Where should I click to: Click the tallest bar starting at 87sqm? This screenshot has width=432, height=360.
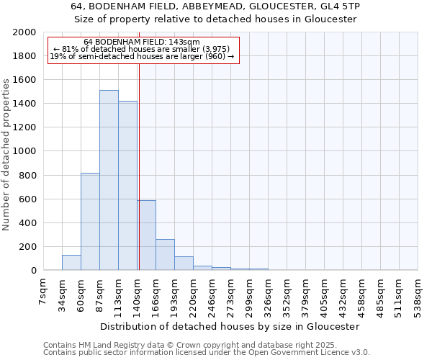109,180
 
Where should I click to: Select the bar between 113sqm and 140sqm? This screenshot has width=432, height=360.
127,186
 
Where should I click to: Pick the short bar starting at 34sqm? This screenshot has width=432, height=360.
71,263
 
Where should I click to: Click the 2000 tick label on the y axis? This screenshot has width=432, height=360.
24,32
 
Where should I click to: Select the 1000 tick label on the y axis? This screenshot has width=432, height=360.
24,152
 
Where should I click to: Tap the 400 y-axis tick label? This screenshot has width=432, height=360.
27,223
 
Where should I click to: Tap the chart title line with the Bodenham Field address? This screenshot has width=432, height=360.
216,6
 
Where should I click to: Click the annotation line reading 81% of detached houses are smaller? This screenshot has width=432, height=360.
141,49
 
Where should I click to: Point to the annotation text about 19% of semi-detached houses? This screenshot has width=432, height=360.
141,56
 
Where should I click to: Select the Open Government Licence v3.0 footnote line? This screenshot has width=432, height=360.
207,353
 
